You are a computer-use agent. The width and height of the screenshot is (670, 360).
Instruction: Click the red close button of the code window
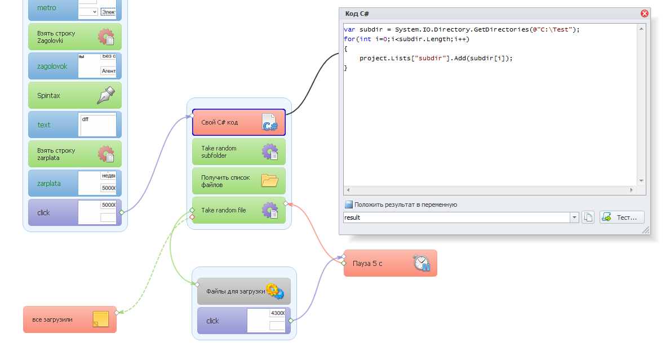click(645, 14)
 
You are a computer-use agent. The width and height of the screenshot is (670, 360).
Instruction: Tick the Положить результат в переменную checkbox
click(349, 205)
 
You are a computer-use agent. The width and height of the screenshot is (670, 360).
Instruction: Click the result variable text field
click(456, 217)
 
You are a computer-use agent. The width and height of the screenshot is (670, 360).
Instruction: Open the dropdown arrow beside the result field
click(574, 217)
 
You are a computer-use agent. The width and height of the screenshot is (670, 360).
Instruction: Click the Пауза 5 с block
click(378, 263)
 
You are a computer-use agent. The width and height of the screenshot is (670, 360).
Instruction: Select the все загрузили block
click(56, 319)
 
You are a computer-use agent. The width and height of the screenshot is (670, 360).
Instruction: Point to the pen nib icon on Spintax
click(106, 95)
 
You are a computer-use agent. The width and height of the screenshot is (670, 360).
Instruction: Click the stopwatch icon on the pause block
click(421, 263)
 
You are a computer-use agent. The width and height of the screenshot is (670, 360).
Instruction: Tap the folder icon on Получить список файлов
click(270, 180)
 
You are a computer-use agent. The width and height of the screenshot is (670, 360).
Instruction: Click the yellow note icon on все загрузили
click(100, 319)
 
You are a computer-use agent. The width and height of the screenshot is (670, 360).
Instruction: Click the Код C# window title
click(357, 14)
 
